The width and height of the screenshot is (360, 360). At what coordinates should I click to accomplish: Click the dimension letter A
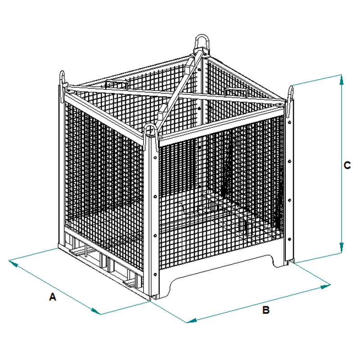[53, 297]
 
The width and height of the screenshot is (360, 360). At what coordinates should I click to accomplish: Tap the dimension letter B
[265, 310]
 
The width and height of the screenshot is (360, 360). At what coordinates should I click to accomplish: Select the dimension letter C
[347, 165]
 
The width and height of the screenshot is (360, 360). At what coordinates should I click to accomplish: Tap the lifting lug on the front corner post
[150, 131]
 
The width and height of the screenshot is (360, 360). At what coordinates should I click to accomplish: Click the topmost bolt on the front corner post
[155, 158]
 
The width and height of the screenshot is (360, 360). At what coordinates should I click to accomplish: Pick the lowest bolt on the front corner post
[155, 274]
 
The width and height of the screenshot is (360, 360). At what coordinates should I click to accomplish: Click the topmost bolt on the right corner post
[289, 122]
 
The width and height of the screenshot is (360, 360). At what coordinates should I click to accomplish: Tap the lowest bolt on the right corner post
[289, 239]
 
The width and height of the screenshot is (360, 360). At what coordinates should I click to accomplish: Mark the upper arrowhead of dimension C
[342, 80]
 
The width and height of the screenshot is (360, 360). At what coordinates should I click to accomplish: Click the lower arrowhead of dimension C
[342, 248]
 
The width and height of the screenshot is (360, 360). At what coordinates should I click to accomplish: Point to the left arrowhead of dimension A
[13, 263]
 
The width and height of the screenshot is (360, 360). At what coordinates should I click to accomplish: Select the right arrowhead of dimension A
[96, 311]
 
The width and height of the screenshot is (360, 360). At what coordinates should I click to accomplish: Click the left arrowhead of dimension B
[192, 321]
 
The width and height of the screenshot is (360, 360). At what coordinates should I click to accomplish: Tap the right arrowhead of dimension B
[325, 286]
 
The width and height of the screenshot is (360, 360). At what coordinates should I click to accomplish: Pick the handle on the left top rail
[116, 84]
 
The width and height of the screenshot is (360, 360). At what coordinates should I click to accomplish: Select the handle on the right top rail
[236, 91]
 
